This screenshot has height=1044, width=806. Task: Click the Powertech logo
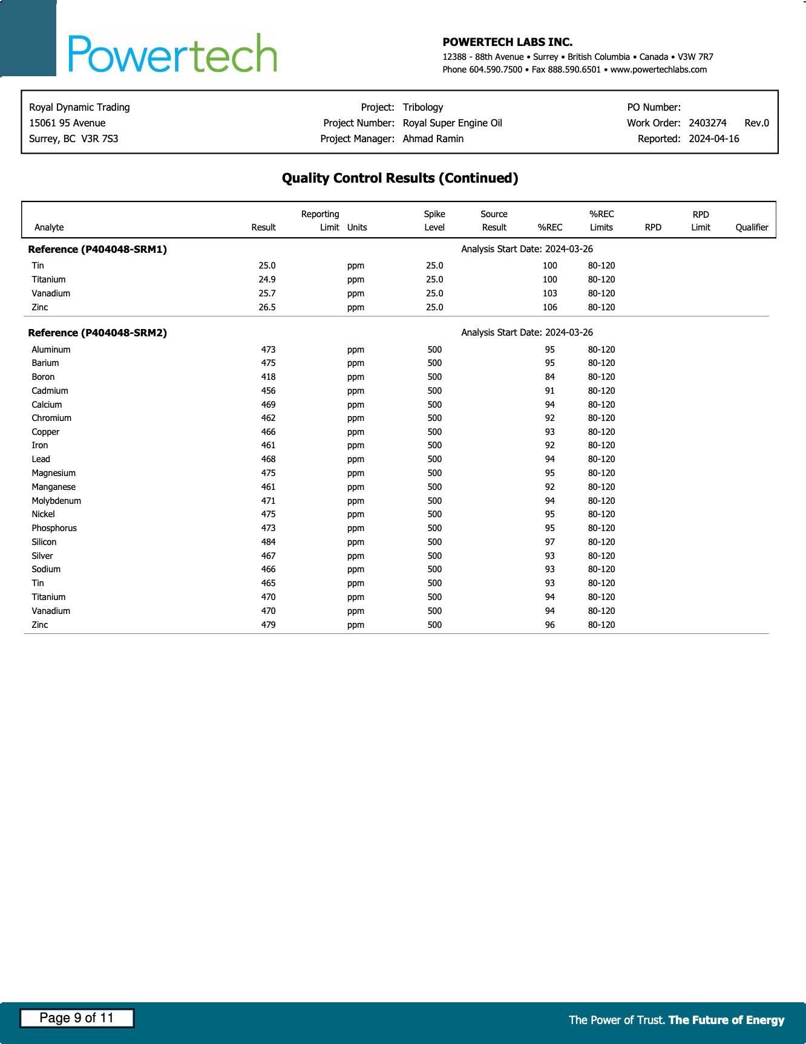coord(172,53)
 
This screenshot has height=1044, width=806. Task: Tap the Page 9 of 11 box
coord(77,1018)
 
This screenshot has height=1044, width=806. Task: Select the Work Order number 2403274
coord(707,123)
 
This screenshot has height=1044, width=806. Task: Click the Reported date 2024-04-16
coord(713,139)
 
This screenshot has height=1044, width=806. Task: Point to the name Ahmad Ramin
coord(433,139)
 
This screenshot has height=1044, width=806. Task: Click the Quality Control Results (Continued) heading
coord(400,178)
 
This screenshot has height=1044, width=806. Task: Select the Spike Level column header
coord(434,221)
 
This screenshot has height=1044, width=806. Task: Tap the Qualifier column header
coord(752,227)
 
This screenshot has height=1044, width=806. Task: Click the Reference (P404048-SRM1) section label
coord(97,249)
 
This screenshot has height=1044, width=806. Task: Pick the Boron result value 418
coord(268,377)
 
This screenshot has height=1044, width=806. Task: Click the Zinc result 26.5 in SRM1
coord(267,307)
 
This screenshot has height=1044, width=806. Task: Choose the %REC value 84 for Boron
coord(549,377)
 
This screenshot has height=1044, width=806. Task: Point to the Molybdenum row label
coord(56,501)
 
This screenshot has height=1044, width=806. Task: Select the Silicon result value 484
coord(268,542)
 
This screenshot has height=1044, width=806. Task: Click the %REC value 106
coord(549,307)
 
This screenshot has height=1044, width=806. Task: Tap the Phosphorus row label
coord(54,528)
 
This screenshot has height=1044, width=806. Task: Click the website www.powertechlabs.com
coord(658,70)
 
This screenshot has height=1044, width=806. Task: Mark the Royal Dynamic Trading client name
coord(79,107)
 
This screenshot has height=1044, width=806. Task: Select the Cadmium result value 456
coord(268,391)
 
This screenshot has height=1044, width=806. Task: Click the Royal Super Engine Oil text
coord(452,123)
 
